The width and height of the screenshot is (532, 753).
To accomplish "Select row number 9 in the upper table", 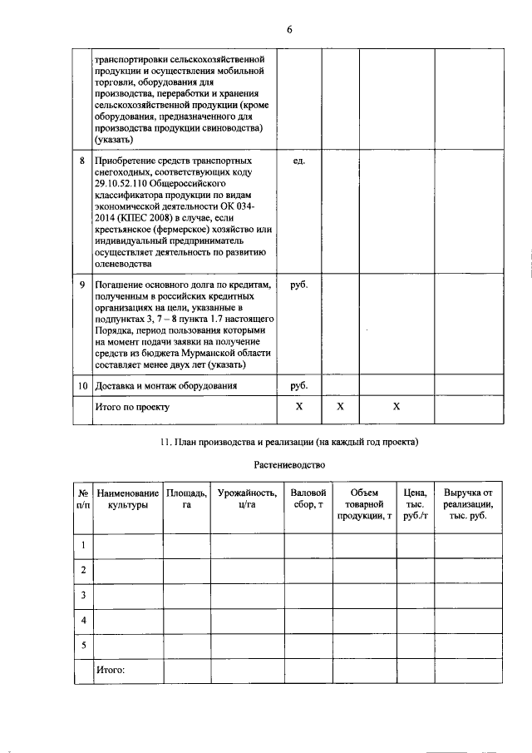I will pos(82,285).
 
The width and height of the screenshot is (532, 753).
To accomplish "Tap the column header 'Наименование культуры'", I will pos(127,499).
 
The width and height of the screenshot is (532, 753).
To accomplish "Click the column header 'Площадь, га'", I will pos(186,499).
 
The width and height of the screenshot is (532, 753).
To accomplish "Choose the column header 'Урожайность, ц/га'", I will pos(247,499).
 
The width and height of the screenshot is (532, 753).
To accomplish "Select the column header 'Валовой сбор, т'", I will pos(308,499).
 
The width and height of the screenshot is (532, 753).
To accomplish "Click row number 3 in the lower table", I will pos(82,596).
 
